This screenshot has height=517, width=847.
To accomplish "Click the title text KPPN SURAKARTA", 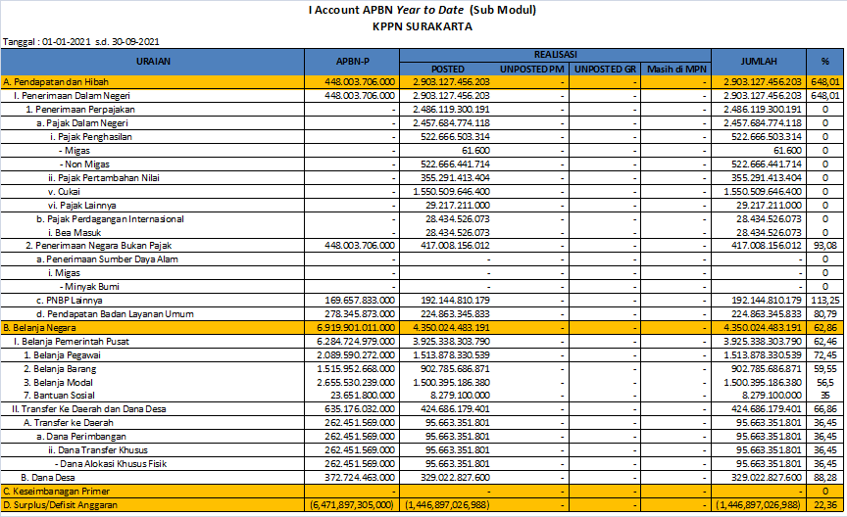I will tap(423, 25).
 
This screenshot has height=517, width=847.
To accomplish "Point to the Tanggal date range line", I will tap(82, 42).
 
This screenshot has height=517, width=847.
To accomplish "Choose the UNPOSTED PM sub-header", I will tap(531, 69).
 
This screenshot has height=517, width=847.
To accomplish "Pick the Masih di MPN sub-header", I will tap(676, 69).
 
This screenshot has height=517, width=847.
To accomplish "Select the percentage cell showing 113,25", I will tap(827, 300).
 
